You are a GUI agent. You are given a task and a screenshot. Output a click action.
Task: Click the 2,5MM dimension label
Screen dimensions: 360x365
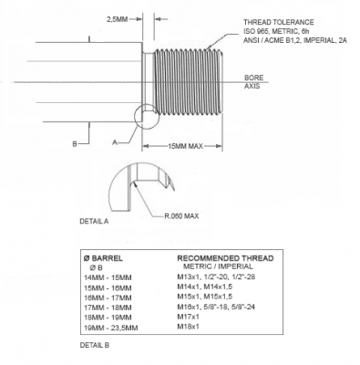pyautogui.click(x=117, y=19)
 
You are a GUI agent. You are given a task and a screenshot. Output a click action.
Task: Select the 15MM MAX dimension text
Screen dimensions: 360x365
pyautogui.click(x=185, y=146)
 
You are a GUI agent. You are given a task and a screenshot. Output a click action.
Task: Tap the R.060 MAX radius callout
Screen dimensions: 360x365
pyautogui.click(x=181, y=216)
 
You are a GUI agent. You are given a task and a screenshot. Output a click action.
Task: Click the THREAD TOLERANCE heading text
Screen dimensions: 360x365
pyautogui.click(x=279, y=22)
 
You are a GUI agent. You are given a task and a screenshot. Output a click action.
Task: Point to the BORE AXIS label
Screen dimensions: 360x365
pyautogui.click(x=254, y=82)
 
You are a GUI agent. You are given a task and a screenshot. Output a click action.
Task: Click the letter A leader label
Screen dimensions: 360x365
pyautogui.click(x=115, y=142)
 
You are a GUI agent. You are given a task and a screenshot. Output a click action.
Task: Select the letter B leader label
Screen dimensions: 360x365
pyautogui.click(x=75, y=144)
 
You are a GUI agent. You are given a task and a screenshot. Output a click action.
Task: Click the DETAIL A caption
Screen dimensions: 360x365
pyautogui.click(x=94, y=222)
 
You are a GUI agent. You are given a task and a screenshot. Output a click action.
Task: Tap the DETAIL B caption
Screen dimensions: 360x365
pyautogui.click(x=95, y=345)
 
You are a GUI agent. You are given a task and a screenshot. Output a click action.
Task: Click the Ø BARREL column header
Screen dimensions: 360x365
pyautogui.click(x=103, y=258)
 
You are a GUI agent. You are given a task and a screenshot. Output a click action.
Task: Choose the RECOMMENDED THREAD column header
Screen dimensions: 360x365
pyautogui.click(x=225, y=258)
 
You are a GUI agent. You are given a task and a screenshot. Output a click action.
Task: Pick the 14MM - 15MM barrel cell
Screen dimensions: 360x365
pyautogui.click(x=108, y=277)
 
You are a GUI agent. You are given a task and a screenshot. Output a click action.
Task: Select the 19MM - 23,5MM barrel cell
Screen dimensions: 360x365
pyautogui.click(x=111, y=328)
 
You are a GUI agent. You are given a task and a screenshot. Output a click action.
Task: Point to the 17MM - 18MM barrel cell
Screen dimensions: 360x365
pyautogui.click(x=108, y=308)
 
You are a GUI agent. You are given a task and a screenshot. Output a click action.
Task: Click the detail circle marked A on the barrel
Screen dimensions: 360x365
pyautogui.click(x=134, y=117)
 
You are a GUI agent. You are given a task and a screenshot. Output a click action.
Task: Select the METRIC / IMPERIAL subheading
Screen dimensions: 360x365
pyautogui.click(x=218, y=266)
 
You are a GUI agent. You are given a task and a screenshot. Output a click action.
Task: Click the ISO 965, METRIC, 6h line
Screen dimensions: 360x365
pyautogui.click(x=276, y=31)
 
